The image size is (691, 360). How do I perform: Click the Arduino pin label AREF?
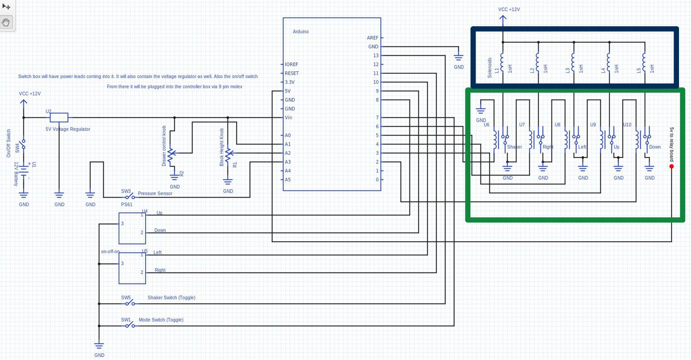pos(372,38)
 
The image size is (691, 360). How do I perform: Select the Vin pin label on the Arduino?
pos(288,118)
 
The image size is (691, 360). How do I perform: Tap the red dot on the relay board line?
pos(671,166)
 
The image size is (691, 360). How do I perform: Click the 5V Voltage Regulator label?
pos(68,129)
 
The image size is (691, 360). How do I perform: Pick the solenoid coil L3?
pos(573,63)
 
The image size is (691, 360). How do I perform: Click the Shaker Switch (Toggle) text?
pos(171,298)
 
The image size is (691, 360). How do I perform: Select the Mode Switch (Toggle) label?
pos(161,320)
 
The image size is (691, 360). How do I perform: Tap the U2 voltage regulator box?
pos(59,117)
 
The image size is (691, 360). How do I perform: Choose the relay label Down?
pos(655,147)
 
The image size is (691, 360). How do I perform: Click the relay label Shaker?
pos(515,147)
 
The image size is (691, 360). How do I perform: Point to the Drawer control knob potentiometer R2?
pos(171,157)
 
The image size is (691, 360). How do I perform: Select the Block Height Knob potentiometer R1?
pos(228,157)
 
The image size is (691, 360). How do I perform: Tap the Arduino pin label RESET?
pos(292,73)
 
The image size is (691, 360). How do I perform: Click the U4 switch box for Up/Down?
pos(132,228)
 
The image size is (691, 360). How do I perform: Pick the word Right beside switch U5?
pos(160,270)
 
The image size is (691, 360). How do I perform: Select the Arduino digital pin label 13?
pos(376,56)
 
